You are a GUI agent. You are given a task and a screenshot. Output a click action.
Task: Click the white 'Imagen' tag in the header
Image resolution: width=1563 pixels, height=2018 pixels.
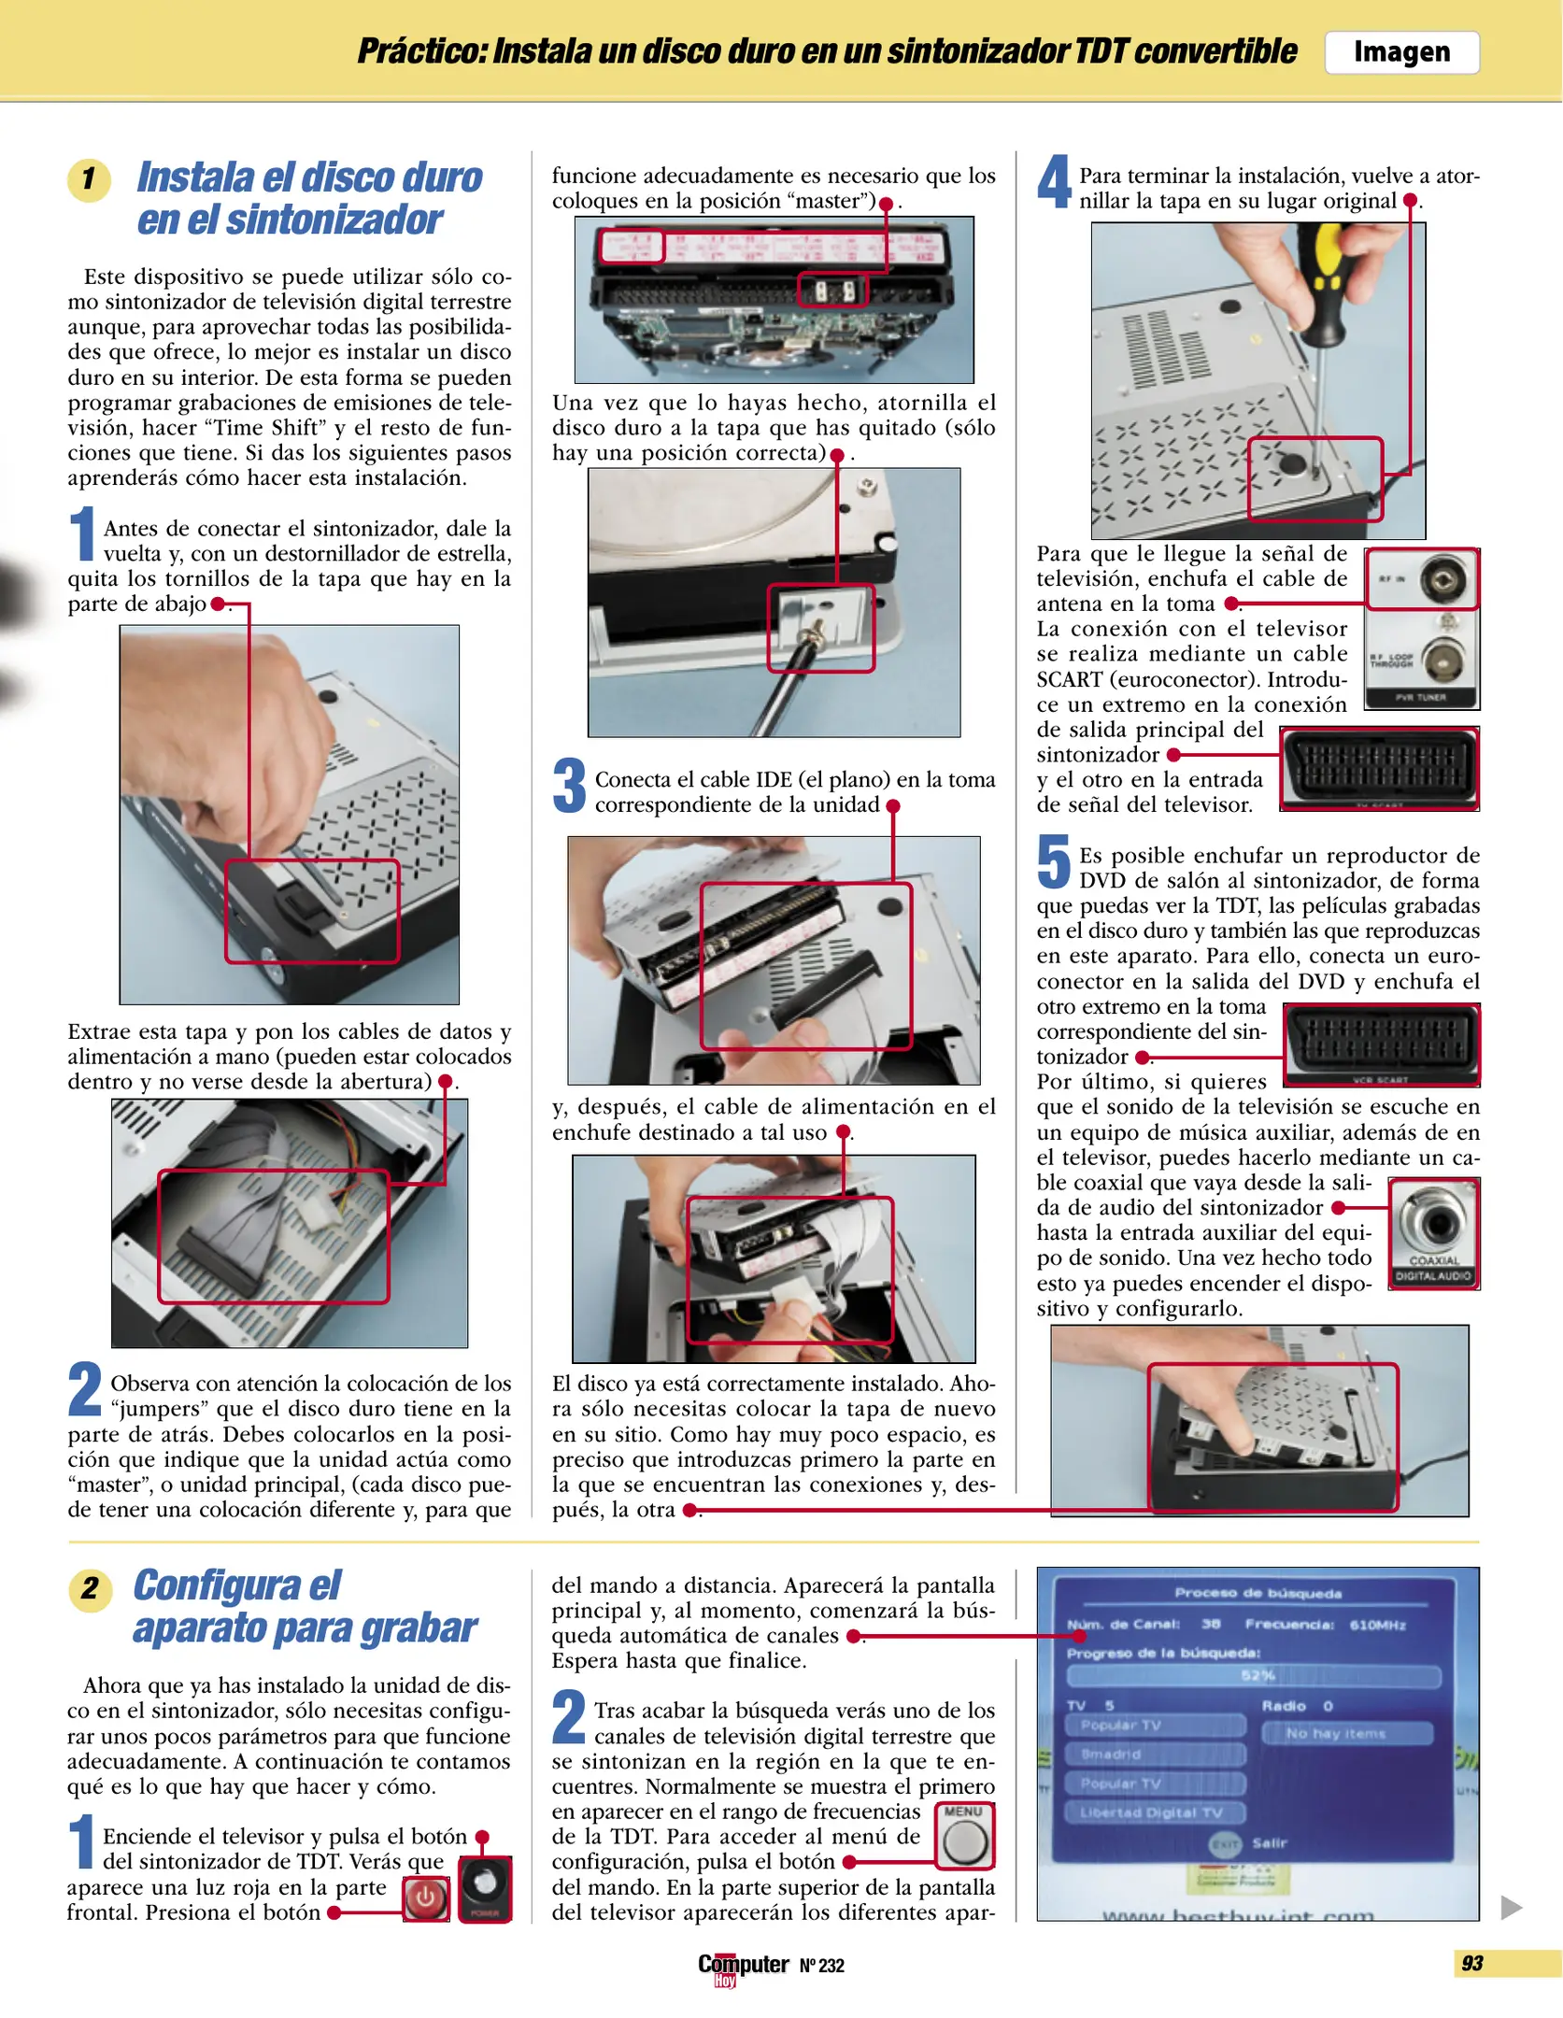click(x=1400, y=52)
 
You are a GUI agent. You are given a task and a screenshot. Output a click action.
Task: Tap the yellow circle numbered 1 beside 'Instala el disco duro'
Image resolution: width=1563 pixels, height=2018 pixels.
click(x=89, y=179)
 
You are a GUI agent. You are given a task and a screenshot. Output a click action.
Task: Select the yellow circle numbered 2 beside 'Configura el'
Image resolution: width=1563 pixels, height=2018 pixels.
click(x=90, y=1588)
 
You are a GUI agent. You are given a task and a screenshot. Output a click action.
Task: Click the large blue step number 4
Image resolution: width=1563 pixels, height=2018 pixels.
click(x=1054, y=182)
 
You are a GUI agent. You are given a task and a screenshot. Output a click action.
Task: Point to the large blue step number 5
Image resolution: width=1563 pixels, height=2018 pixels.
click(x=1054, y=861)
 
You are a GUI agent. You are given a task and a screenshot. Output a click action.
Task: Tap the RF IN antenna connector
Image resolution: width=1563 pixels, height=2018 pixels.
click(x=1442, y=580)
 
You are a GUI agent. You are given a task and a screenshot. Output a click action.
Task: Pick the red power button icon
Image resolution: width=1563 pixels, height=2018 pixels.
click(x=425, y=1898)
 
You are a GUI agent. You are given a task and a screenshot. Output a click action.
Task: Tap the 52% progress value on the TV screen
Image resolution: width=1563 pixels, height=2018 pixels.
click(x=1258, y=1675)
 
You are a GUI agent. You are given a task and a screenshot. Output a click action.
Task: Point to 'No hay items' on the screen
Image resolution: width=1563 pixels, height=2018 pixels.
click(x=1335, y=1733)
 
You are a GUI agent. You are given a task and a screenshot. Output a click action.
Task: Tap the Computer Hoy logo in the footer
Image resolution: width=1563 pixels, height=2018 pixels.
click(x=743, y=1967)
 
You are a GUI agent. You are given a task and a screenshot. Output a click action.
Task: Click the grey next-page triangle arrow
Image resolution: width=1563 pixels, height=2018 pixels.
click(x=1511, y=1907)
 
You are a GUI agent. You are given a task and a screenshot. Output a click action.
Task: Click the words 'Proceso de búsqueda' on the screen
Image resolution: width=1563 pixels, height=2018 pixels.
click(x=1258, y=1593)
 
